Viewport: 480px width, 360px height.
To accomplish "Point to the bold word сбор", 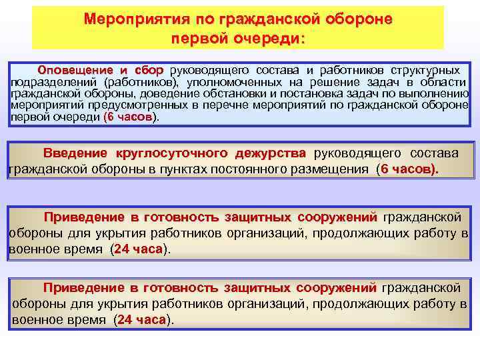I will pyautogui.click(x=151, y=70).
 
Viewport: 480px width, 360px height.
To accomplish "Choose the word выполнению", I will pyautogui.click(x=435, y=93).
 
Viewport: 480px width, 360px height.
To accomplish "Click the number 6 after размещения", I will pyautogui.click(x=383, y=169).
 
